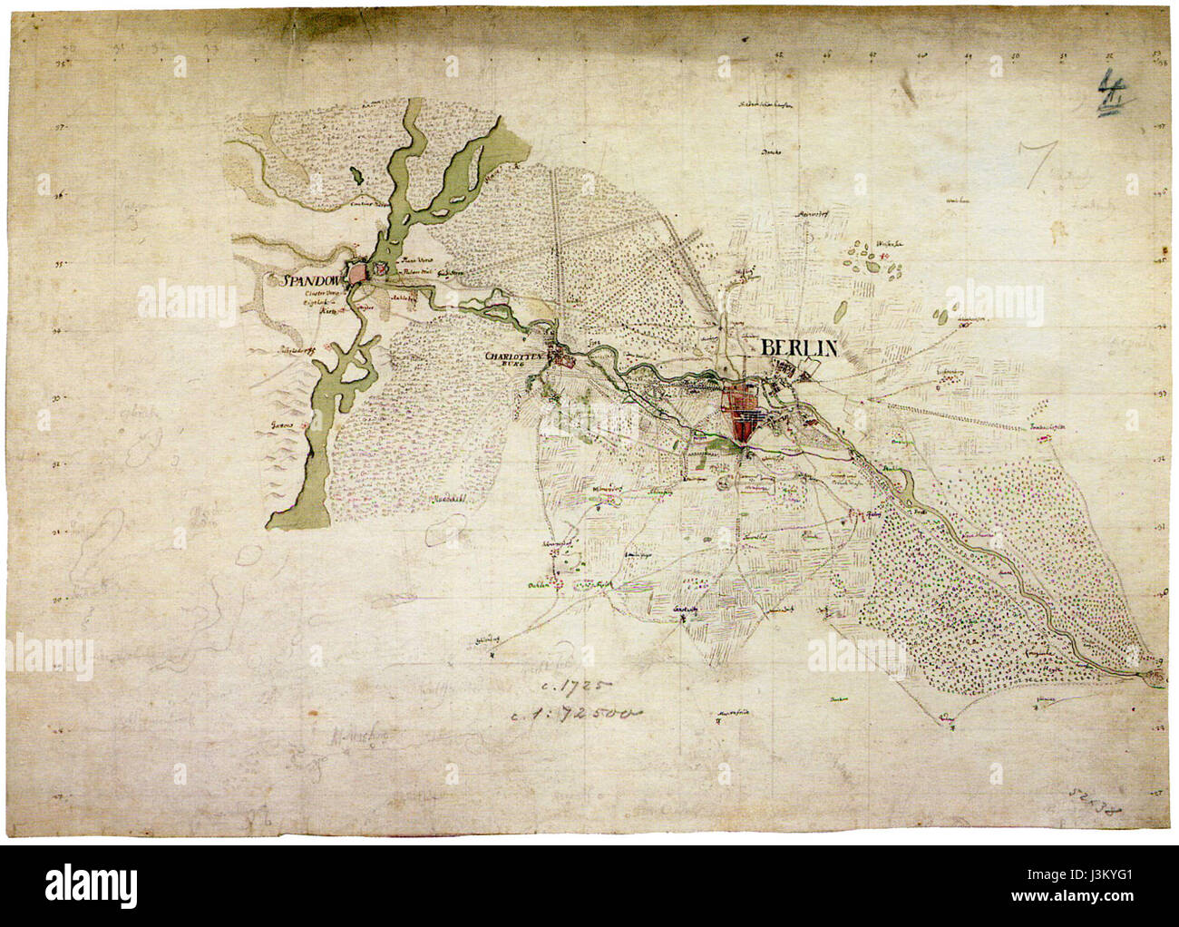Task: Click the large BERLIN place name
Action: tap(799, 348)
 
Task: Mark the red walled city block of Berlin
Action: tap(745, 416)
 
